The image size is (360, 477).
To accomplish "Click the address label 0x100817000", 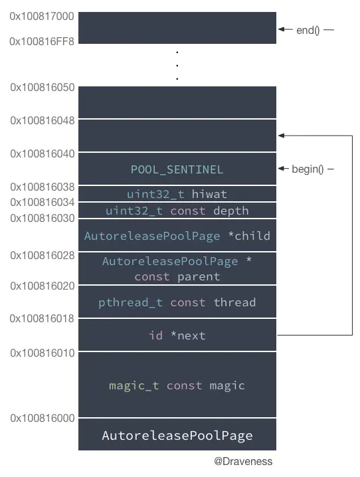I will pyautogui.click(x=43, y=15).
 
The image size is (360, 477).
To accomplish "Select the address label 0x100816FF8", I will pyautogui.click(x=43, y=41).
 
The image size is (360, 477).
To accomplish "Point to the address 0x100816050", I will pyautogui.click(x=43, y=87).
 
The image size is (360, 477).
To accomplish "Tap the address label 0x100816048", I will pyautogui.click(x=43, y=120).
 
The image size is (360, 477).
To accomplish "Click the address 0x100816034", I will pyautogui.click(x=43, y=202).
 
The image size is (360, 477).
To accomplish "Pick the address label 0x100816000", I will pyautogui.click(x=43, y=419).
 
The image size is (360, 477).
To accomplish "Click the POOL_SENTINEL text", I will pyautogui.click(x=177, y=169).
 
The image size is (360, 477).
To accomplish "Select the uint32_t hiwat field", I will pyautogui.click(x=177, y=194).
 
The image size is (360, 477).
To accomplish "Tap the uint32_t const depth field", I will pyautogui.click(x=177, y=211).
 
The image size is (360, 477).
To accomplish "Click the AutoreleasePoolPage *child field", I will pyautogui.click(x=177, y=236).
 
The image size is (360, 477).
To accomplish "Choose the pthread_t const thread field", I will pyautogui.click(x=177, y=302).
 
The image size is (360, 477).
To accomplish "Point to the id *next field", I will pyautogui.click(x=177, y=335).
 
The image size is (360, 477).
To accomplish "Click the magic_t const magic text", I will pyautogui.click(x=177, y=385).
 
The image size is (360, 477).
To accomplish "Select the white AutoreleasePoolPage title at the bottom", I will pyautogui.click(x=177, y=436).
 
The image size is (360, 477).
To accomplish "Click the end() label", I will pyautogui.click(x=308, y=30).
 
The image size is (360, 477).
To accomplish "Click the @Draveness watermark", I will pyautogui.click(x=243, y=461).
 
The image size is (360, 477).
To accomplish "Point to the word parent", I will pyautogui.click(x=198, y=276).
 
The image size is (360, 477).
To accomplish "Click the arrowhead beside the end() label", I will pyautogui.click(x=282, y=29).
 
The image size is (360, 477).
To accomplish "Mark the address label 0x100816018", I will pyautogui.click(x=43, y=319).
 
